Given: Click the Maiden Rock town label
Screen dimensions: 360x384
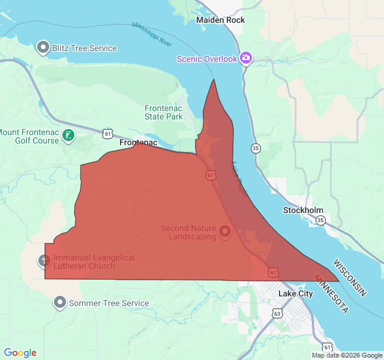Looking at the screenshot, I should [220, 20].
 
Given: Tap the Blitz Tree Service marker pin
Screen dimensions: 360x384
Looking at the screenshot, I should [43, 47].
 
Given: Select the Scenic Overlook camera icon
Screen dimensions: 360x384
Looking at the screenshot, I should [245, 58].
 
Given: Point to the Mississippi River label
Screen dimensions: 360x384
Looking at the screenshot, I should [152, 35].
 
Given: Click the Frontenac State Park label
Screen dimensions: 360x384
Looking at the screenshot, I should [163, 112].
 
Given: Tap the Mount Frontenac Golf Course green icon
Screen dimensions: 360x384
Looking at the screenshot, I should [70, 136].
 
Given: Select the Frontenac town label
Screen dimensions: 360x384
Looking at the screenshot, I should [138, 143].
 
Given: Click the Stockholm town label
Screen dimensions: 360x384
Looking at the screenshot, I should [303, 210].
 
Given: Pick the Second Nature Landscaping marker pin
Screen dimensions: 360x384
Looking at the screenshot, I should [226, 231].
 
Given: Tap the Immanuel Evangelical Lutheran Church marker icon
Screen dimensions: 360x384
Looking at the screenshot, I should [44, 261].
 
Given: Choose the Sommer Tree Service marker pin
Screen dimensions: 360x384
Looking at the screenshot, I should [60, 302].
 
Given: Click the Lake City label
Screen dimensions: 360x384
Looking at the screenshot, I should [295, 293].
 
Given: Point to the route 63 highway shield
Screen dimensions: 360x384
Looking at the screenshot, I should [277, 313].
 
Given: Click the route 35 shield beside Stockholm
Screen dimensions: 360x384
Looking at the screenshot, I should [320, 220].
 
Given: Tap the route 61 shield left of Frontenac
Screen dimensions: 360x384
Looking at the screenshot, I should [107, 133].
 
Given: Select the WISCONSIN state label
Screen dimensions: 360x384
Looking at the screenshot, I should [350, 277].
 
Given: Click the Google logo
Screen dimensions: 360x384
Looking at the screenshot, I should [20, 353].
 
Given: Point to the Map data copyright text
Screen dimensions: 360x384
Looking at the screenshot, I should [346, 355].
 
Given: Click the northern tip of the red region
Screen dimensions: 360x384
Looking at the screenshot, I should [214, 79].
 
